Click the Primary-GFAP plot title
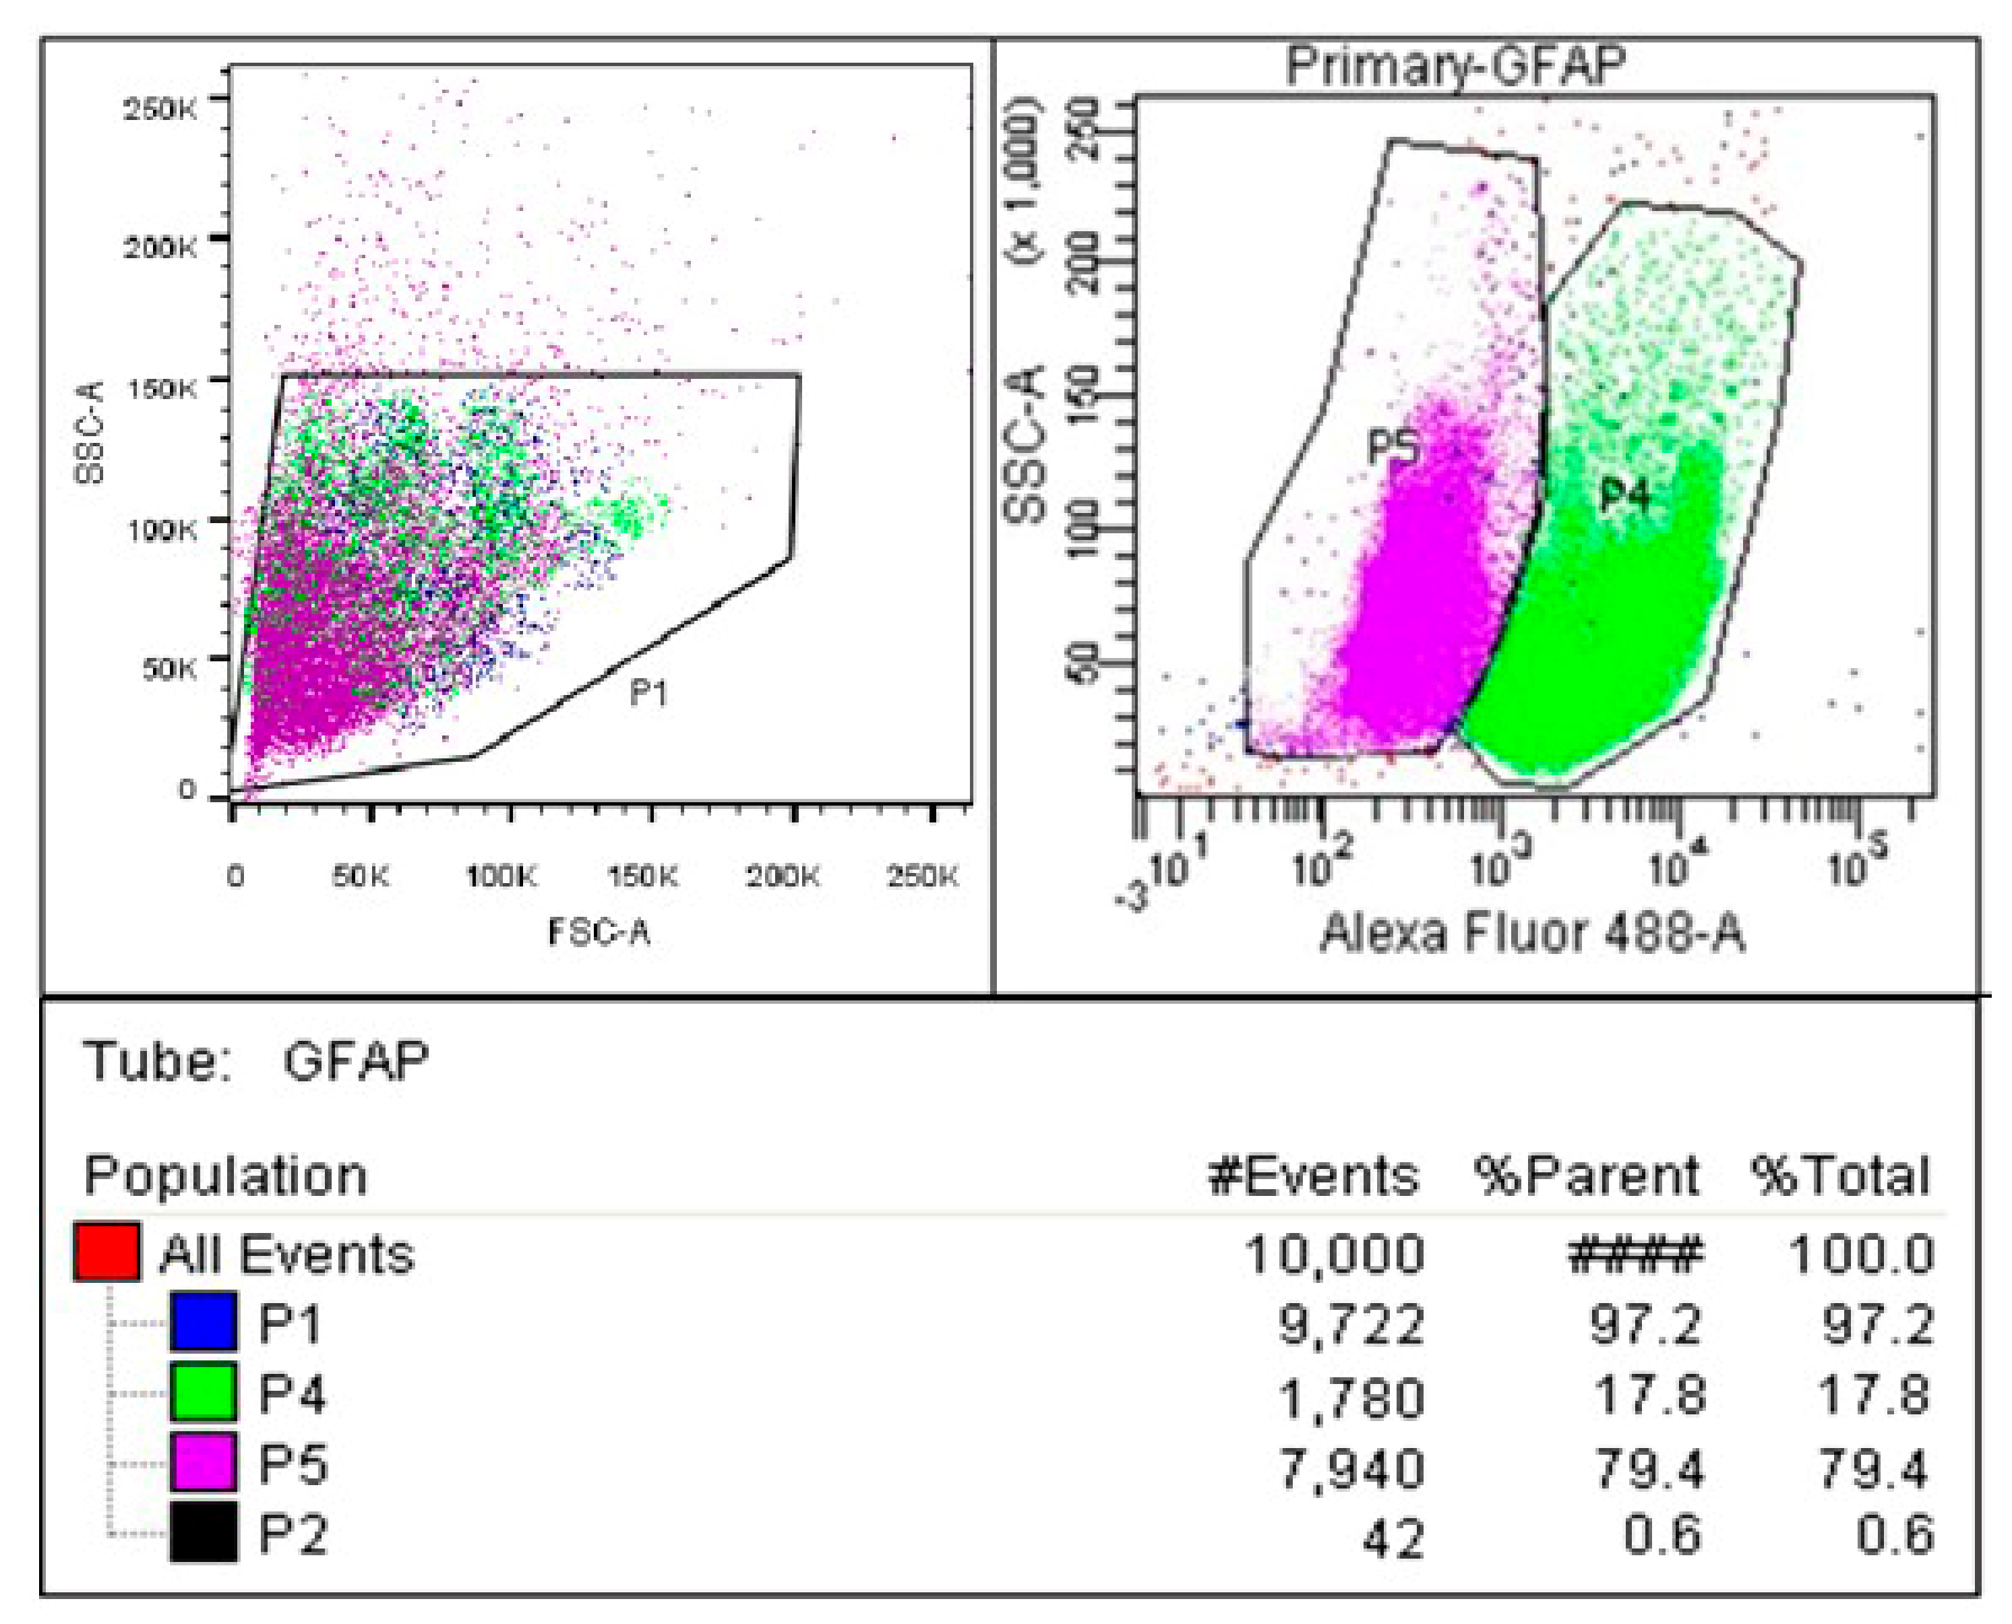pyautogui.click(x=1455, y=65)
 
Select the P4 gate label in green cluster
pyautogui.click(x=1624, y=495)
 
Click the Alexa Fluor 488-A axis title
pyautogui.click(x=1532, y=934)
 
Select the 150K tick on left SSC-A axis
pyautogui.click(x=161, y=387)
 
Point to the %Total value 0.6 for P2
pyautogui.click(x=1893, y=1535)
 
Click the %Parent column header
pyautogui.click(x=1587, y=1176)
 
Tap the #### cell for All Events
pyautogui.click(x=1635, y=1253)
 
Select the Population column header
pyautogui.click(x=225, y=1176)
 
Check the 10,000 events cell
pyautogui.click(x=1334, y=1253)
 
